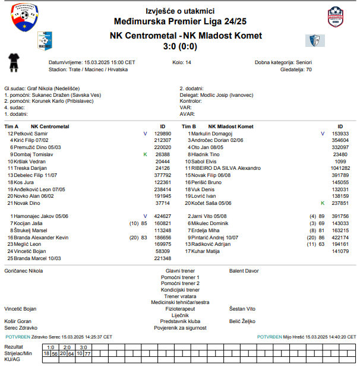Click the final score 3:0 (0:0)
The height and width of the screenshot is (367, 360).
pos(179,46)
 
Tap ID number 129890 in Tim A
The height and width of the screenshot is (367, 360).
pos(163,134)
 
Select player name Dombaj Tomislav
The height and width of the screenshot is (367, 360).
pos(33,154)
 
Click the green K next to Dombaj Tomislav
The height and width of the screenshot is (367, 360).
pos(145,154)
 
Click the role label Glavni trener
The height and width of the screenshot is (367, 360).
pos(180,271)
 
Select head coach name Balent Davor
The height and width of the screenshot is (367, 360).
pos(244,271)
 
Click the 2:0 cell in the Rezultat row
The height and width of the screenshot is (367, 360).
pos(67,347)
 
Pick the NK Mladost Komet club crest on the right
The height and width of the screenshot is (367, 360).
pos(315,40)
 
